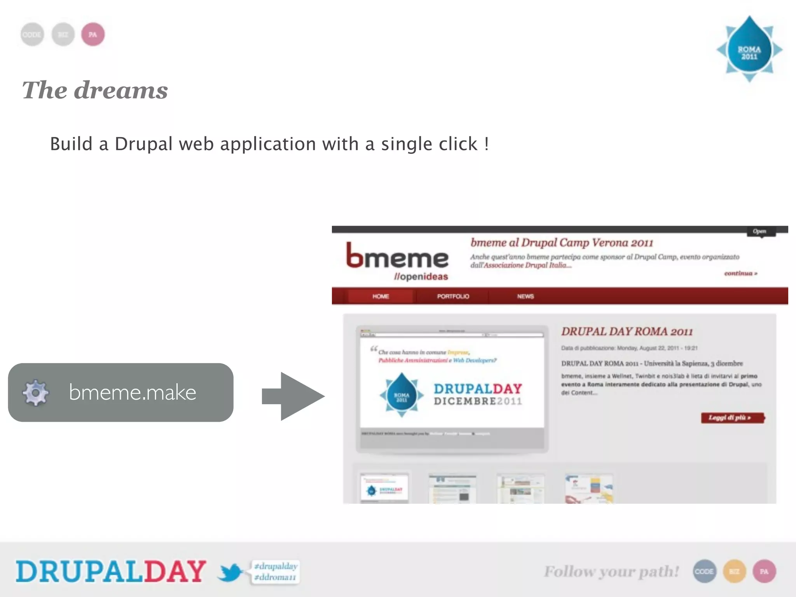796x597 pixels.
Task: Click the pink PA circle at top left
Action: tap(93, 35)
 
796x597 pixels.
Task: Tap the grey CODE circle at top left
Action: tap(32, 35)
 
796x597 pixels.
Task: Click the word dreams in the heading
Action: tap(121, 90)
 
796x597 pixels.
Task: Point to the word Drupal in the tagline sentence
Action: tap(143, 144)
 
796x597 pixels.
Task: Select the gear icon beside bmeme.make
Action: tap(35, 393)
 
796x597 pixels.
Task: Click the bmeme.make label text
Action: tap(133, 392)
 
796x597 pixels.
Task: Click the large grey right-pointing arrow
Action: tap(293, 396)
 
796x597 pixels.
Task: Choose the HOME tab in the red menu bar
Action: tap(381, 296)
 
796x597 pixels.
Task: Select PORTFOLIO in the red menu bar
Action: tap(453, 296)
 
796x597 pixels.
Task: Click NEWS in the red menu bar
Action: tap(525, 296)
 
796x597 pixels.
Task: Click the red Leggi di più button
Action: tap(732, 417)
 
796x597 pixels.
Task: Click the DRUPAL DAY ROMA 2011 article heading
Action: tap(627, 332)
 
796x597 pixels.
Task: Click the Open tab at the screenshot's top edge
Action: tap(759, 231)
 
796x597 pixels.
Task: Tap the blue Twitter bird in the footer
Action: tap(230, 573)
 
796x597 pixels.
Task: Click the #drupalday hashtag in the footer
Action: tap(276, 566)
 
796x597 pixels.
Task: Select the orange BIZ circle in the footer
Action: tap(734, 571)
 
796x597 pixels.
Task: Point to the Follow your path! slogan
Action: tap(611, 571)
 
